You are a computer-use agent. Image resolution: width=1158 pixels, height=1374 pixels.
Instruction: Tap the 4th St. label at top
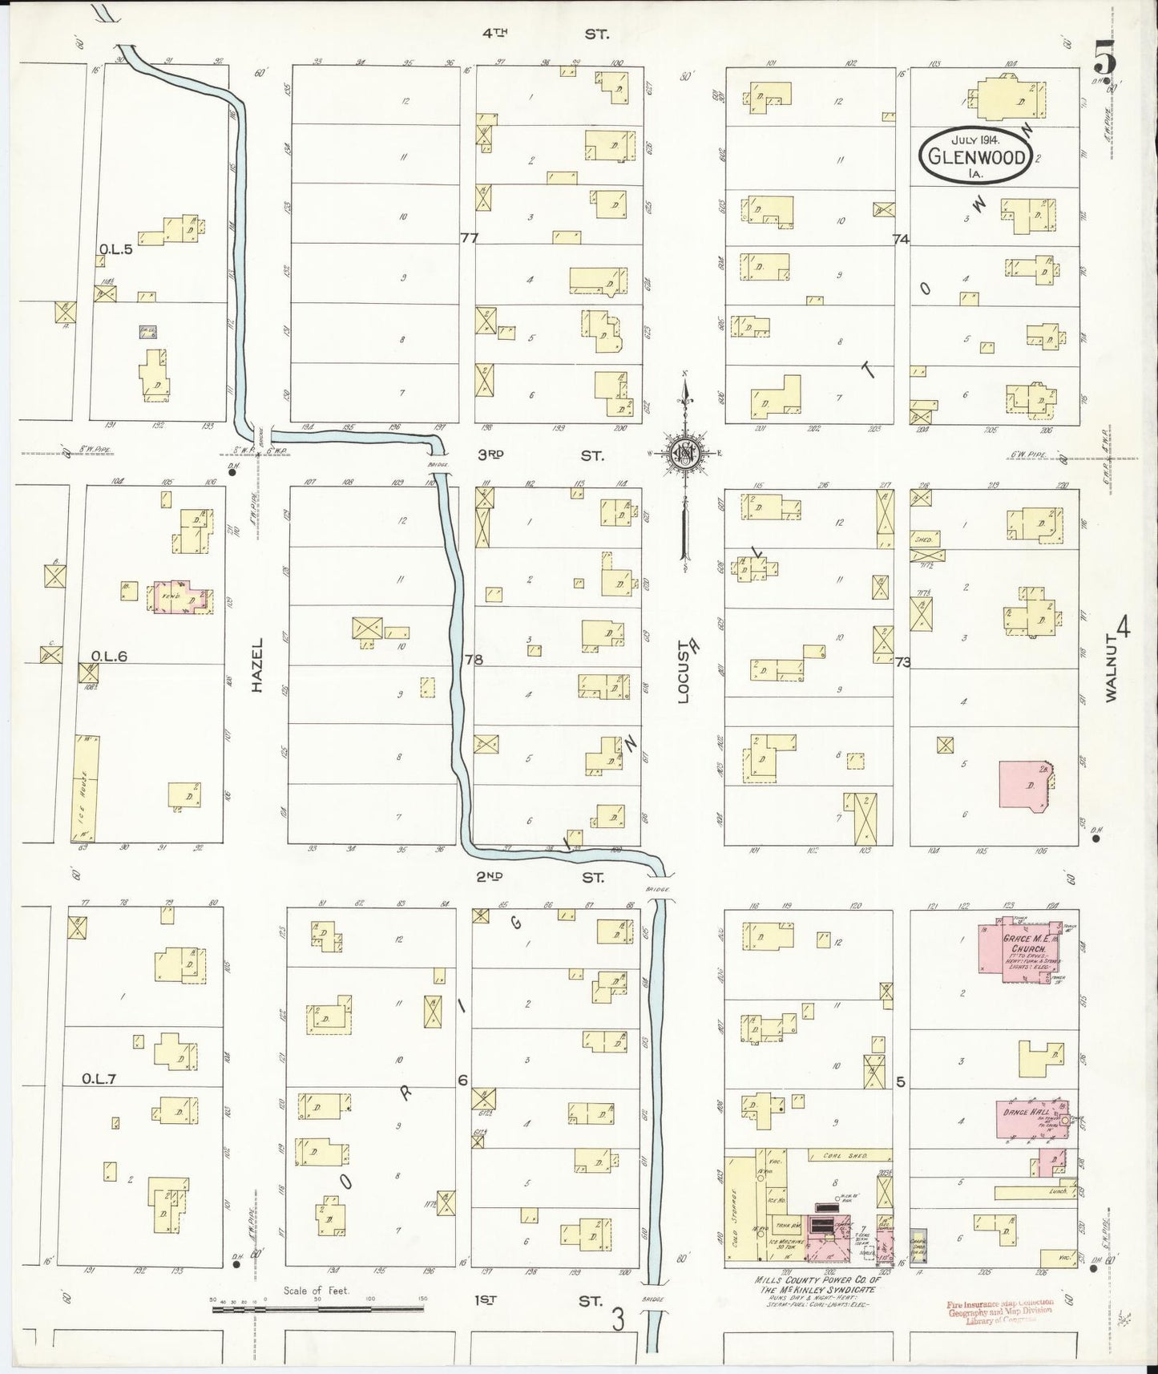point(545,34)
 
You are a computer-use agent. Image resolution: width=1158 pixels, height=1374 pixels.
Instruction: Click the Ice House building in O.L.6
point(87,788)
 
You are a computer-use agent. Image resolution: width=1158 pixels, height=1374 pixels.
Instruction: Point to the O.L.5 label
point(115,250)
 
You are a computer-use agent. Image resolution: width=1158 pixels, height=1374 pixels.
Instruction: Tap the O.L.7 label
point(99,1079)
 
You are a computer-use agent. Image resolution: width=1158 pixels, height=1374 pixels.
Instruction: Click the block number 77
point(469,237)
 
